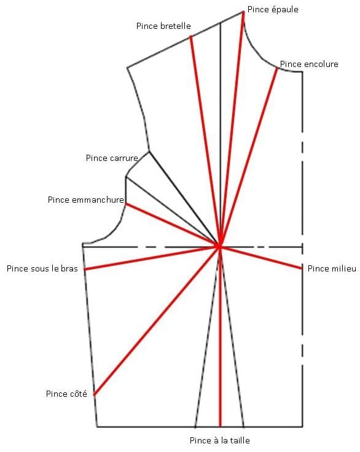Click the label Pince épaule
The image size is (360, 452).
[273, 9]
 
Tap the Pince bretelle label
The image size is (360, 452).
[163, 26]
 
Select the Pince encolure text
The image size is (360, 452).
[309, 64]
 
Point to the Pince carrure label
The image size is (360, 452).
[112, 158]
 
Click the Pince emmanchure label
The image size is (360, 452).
[86, 200]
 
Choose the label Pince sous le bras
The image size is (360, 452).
[42, 268]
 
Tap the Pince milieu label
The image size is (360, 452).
[332, 268]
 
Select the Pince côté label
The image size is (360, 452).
[66, 394]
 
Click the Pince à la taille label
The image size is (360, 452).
[220, 440]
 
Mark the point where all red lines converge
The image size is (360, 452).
[219, 247]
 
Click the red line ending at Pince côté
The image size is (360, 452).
[157, 321]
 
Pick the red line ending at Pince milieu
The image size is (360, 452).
[260, 257]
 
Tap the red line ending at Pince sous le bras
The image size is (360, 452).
[152, 258]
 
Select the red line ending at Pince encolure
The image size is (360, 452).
[248, 157]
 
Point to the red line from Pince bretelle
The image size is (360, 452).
[205, 141]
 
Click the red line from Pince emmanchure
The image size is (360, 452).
[173, 225]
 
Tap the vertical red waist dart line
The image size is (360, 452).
[220, 337]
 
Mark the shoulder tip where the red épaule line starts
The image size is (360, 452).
[243, 12]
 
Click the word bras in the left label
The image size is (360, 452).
[69, 268]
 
